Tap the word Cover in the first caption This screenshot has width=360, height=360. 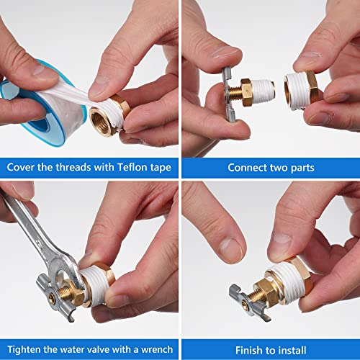point(22,167)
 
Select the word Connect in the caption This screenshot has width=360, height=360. point(248,167)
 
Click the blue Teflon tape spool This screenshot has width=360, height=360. point(29,108)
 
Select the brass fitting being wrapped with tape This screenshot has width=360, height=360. point(108,115)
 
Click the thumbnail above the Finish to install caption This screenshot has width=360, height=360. point(270,259)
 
